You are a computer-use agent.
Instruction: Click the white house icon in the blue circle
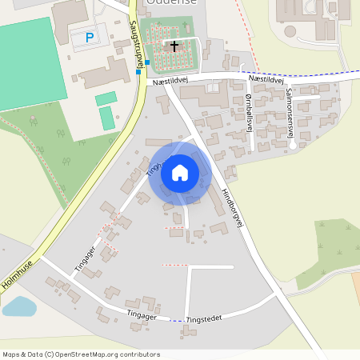180,173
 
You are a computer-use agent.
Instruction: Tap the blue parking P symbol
90,38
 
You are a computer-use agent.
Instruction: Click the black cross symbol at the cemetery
174,46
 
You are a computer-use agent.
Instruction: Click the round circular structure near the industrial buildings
290,30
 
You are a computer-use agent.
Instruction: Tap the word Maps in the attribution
11,354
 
